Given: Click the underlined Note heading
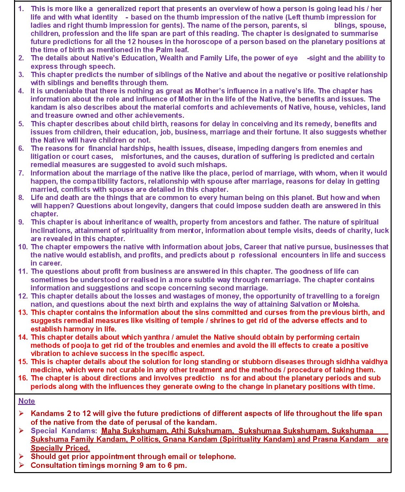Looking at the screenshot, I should [26, 401].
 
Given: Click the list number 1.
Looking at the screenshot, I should [21, 9].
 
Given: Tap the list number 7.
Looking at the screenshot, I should [21, 173].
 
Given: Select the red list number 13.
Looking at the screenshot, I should [23, 312].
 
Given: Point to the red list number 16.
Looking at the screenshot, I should [23, 378].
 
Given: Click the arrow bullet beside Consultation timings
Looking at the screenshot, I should [21, 465].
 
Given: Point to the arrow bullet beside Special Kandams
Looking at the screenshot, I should [21, 431].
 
